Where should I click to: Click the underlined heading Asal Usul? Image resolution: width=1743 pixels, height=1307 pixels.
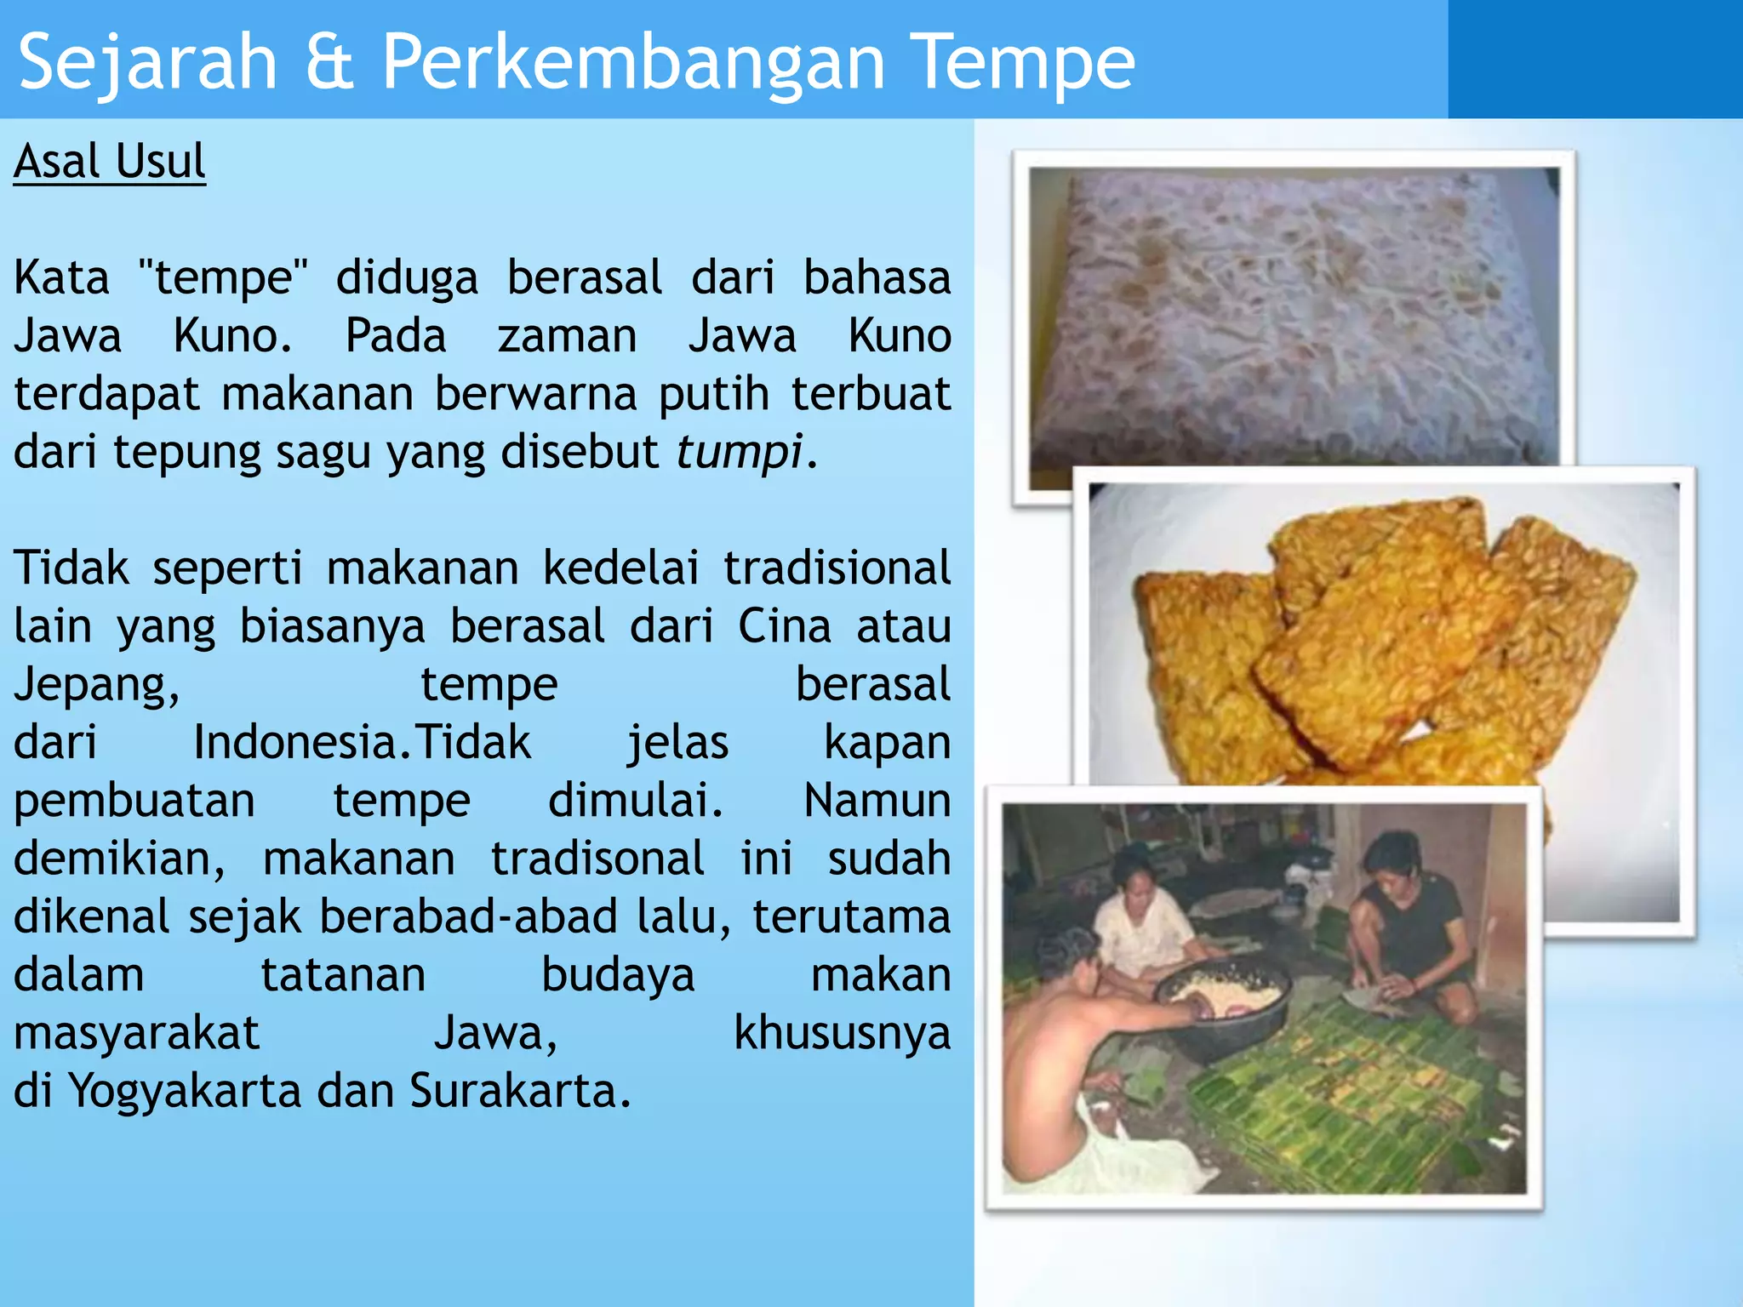click(x=110, y=161)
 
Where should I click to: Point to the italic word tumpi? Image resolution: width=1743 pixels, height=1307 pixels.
click(x=740, y=451)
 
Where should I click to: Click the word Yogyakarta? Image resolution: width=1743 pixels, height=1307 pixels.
click(x=185, y=1091)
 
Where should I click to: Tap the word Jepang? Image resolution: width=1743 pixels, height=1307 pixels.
click(x=96, y=686)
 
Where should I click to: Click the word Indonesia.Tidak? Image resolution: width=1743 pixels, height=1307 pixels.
click(x=362, y=743)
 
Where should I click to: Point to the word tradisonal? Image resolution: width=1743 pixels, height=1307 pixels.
click(x=597, y=859)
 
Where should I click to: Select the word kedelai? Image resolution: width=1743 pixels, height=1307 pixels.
click(x=621, y=568)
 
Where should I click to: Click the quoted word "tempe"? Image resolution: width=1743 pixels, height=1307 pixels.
click(x=223, y=278)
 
